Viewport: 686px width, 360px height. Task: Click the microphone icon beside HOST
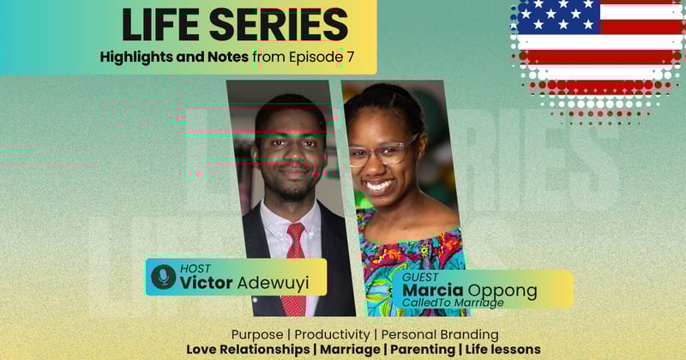point(163,276)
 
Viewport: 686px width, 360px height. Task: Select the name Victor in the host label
point(208,283)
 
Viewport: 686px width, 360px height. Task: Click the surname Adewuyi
point(275,283)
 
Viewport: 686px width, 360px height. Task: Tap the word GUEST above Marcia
point(420,277)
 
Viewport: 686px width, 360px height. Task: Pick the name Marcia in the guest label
point(434,291)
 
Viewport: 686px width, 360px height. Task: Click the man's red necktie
point(293,266)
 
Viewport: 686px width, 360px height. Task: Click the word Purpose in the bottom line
point(258,333)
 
